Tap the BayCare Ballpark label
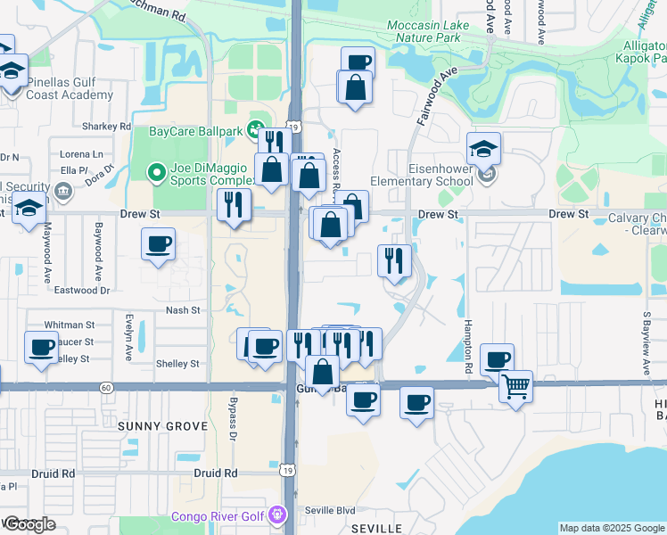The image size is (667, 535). (195, 131)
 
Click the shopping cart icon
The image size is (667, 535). (515, 388)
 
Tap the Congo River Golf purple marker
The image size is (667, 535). (279, 515)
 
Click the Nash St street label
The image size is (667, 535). (181, 310)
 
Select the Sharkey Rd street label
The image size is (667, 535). (106, 127)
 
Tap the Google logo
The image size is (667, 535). (29, 524)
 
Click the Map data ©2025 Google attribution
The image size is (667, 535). (611, 528)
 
